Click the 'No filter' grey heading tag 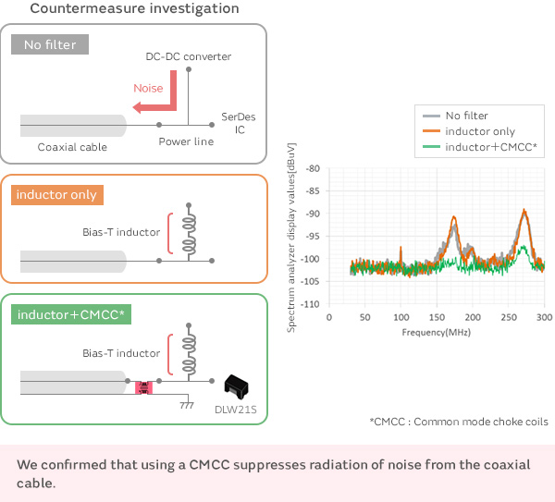pyautogui.click(x=51, y=44)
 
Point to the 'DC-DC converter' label pyautogui.click(x=189, y=56)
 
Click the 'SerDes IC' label pyautogui.click(x=234, y=123)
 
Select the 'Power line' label pyautogui.click(x=186, y=141)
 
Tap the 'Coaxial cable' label pyautogui.click(x=72, y=147)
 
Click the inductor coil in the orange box pyautogui.click(x=190, y=232)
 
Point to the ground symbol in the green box pyautogui.click(x=186, y=405)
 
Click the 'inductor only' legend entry pyautogui.click(x=479, y=131)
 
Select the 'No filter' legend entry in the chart pyautogui.click(x=465, y=116)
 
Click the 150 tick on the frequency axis pyautogui.click(x=437, y=316)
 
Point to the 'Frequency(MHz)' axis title pyautogui.click(x=437, y=330)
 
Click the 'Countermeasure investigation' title pyautogui.click(x=135, y=9)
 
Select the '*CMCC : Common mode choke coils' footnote pyautogui.click(x=458, y=421)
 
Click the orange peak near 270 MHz pyautogui.click(x=524, y=212)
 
